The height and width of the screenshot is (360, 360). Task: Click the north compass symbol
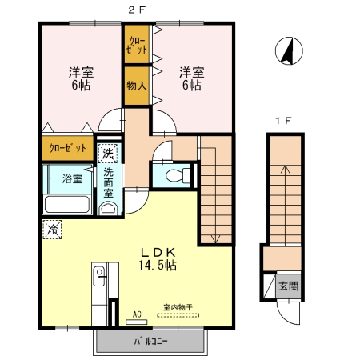pos(288,52)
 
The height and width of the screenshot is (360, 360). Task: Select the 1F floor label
pos(282,121)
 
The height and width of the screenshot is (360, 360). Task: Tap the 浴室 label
pos(72,178)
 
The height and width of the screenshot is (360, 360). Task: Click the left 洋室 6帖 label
pos(78,78)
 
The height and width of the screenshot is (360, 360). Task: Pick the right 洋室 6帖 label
pos(191,78)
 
